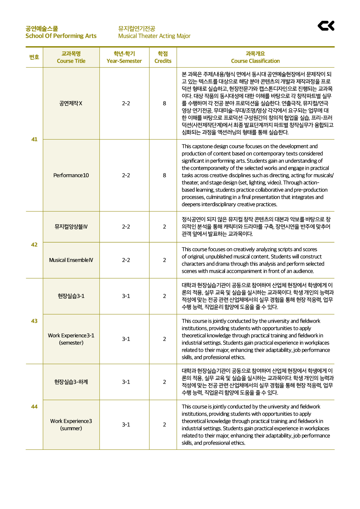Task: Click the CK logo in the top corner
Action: (326, 26)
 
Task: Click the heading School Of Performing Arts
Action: (61, 36)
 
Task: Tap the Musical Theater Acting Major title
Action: (154, 36)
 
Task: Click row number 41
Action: (34, 139)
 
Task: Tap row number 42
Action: (34, 245)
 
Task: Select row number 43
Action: (34, 321)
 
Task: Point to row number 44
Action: (34, 407)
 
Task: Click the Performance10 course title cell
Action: (71, 175)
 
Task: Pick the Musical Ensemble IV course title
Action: (71, 260)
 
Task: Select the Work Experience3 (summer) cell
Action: (71, 425)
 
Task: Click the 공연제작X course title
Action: (71, 103)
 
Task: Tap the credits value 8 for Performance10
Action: (164, 175)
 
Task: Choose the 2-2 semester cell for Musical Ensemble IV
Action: (126, 260)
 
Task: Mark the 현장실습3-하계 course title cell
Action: (71, 382)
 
